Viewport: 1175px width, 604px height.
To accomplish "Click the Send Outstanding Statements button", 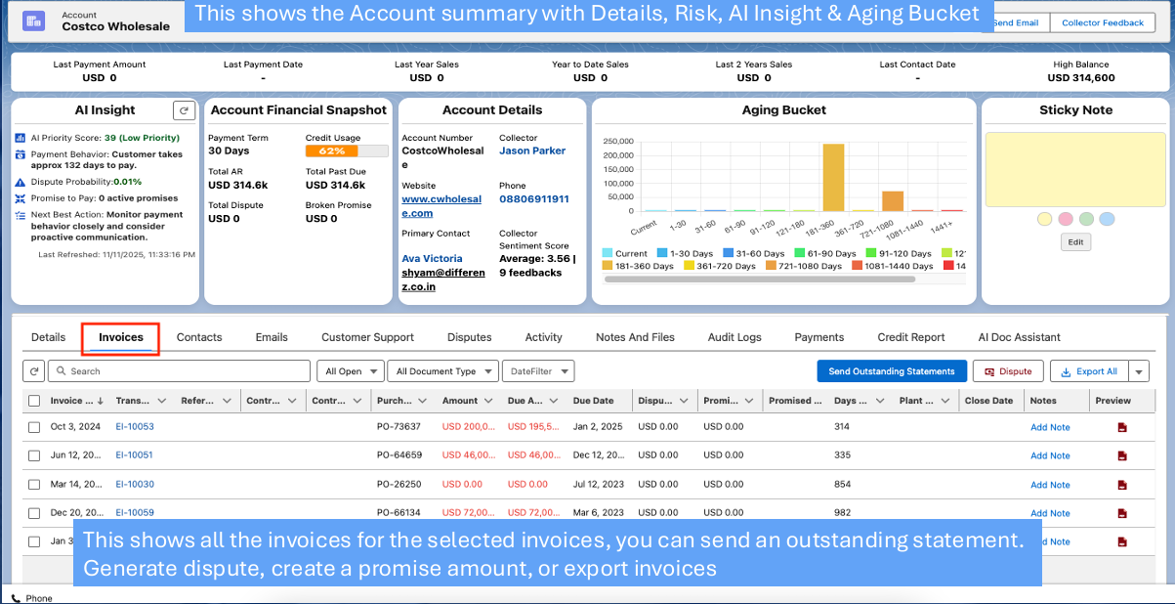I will point(892,371).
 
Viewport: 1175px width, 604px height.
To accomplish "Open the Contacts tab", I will point(199,337).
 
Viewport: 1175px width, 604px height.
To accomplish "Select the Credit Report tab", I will point(910,337).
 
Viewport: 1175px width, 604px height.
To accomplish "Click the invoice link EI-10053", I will point(135,427).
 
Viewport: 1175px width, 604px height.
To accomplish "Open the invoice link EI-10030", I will point(135,485).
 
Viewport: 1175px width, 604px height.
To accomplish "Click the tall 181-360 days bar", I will point(833,178).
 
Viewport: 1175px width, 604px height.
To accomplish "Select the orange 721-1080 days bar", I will point(893,200).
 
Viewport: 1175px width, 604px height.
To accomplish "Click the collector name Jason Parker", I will point(532,151).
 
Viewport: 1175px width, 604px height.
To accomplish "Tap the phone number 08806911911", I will point(533,199).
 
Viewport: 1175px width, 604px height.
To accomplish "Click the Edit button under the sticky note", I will point(1075,242).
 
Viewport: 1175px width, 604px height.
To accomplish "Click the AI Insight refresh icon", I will point(183,110).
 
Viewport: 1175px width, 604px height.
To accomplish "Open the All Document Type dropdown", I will point(443,371).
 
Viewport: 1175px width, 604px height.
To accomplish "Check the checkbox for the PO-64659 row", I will point(34,455).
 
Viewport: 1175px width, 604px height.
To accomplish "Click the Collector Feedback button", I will point(1103,22).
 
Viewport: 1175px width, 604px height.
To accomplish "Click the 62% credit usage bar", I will point(332,151).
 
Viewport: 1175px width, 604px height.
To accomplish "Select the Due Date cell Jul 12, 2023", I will point(599,485).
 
